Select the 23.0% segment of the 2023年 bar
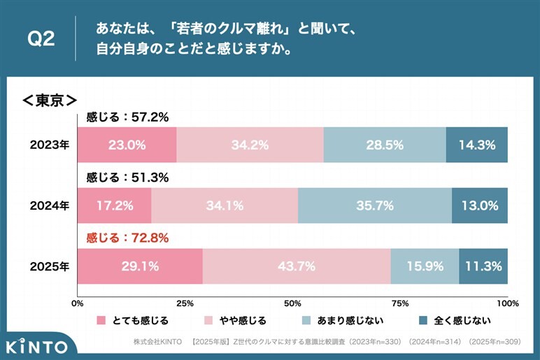coord(127,145)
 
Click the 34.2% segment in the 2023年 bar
coord(250,145)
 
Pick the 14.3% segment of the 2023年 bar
coord(477,145)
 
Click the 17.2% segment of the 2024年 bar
coord(114,206)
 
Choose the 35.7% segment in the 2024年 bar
coord(374,206)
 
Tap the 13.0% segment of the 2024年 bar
coord(480,206)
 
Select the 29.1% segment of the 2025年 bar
coord(140,266)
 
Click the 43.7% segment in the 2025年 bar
coord(296,266)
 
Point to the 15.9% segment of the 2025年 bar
coord(425,266)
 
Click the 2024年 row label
coord(49,206)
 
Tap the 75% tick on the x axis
coord(400,303)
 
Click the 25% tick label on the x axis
coord(185,303)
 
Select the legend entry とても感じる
coord(133,321)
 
